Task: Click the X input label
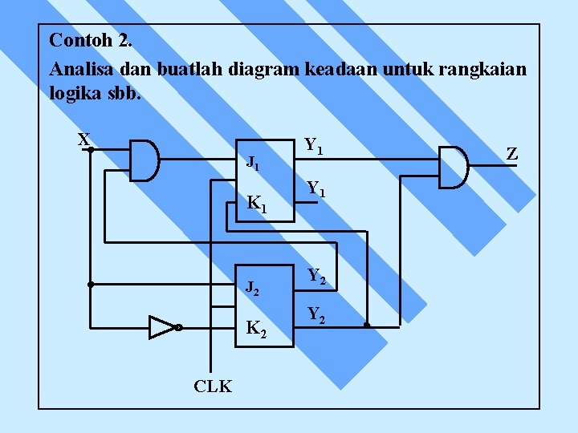pos(83,140)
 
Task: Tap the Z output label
pos(511,153)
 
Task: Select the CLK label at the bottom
pos(213,386)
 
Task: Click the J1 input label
pos(253,164)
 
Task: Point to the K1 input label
pos(256,205)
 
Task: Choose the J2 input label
pos(252,287)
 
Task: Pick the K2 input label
pos(256,328)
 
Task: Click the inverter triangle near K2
pos(161,327)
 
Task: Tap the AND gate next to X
pos(144,160)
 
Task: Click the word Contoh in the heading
pos(75,39)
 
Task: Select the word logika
pos(75,93)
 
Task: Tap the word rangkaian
pos(486,69)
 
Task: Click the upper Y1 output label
pos(314,147)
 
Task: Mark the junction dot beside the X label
pos(92,149)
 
